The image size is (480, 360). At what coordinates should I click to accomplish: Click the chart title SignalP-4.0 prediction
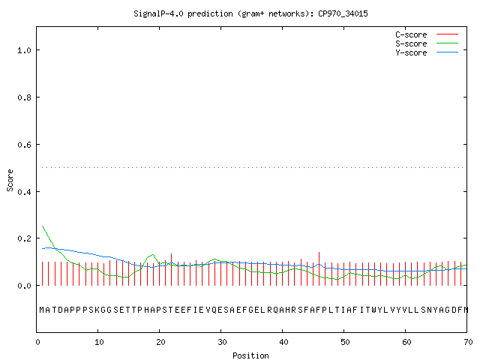tap(250, 13)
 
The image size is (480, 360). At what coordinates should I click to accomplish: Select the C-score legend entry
tap(427, 34)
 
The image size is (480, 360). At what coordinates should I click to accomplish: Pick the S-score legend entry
tap(427, 43)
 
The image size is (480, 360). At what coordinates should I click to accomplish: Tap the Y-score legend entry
tap(427, 52)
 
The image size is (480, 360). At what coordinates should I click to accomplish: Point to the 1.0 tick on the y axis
tap(24, 50)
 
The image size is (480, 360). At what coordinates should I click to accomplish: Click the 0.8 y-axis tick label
tap(24, 97)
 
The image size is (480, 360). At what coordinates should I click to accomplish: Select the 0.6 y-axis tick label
tap(24, 145)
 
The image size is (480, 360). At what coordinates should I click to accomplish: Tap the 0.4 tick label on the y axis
tap(24, 192)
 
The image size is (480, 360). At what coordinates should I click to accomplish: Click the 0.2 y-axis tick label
tap(24, 238)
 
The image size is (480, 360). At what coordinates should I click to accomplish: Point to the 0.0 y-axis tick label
tap(24, 286)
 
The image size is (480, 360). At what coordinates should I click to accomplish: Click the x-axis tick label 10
tap(99, 342)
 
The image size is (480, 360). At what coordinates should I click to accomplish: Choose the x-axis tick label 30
tap(222, 342)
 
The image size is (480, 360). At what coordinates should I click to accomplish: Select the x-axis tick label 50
tap(345, 342)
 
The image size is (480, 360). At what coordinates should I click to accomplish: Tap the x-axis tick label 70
tap(468, 342)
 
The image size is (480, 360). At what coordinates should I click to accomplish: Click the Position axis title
tap(250, 355)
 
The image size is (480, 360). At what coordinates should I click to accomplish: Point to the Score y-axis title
tap(10, 180)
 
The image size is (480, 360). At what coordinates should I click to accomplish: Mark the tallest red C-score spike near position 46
tap(319, 268)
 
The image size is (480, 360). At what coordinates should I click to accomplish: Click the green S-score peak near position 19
tap(153, 254)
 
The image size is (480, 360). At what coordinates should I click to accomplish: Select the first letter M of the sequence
tap(42, 310)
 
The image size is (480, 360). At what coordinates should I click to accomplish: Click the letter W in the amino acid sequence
tap(374, 310)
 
